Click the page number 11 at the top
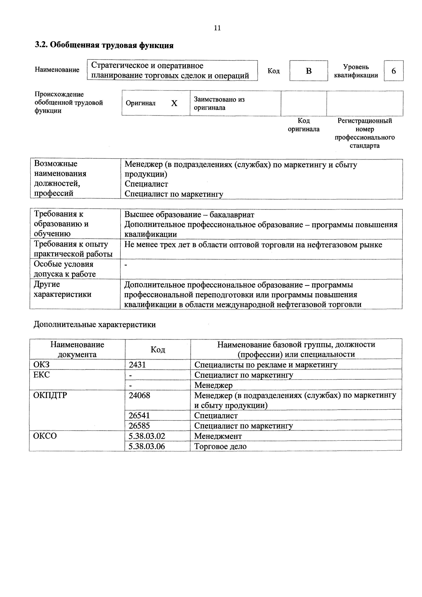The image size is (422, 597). point(217,28)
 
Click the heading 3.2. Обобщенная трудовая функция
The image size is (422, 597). point(104,45)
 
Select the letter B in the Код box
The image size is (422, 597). point(309,71)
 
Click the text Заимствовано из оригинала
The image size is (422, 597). point(219,104)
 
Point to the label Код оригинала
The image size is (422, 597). point(304,125)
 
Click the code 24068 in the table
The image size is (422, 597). point(139,395)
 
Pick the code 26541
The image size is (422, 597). point(139,416)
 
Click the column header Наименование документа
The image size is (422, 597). point(77,349)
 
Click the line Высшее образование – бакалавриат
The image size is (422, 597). point(189,215)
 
